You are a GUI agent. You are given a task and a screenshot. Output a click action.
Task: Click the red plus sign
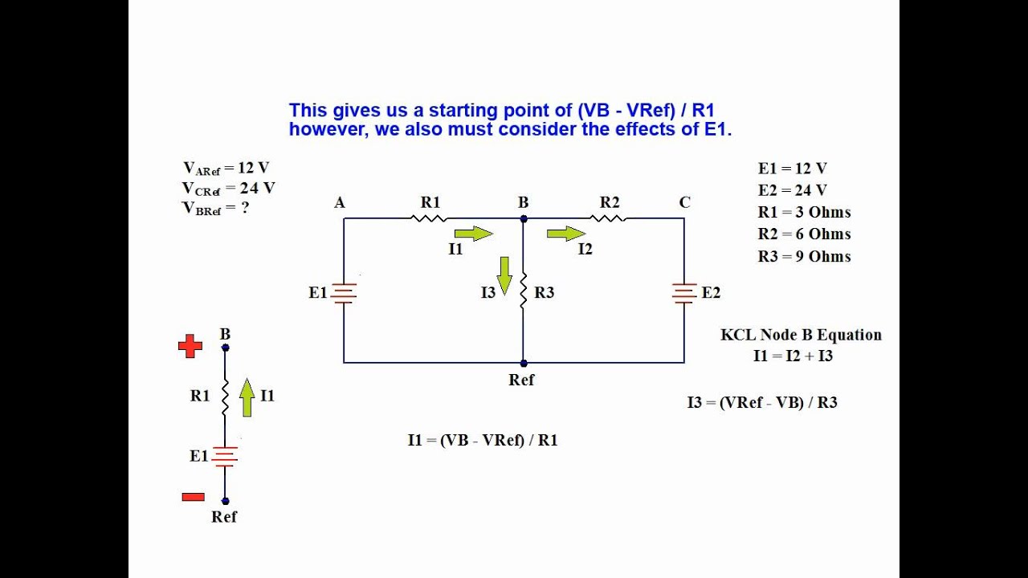(190, 346)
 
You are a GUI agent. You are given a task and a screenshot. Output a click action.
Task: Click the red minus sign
(193, 497)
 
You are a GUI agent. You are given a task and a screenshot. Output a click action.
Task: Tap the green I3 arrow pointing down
(504, 275)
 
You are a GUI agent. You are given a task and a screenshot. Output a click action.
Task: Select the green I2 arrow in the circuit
(566, 234)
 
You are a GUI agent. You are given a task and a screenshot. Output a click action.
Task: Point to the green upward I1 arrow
(247, 397)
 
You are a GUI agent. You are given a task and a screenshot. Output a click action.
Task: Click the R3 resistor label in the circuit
(544, 293)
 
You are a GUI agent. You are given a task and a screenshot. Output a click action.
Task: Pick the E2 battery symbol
(684, 293)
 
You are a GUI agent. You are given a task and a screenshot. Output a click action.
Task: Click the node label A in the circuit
(340, 203)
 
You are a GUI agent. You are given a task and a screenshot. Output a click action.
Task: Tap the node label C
(684, 203)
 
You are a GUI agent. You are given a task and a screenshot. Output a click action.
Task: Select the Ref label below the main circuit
(521, 380)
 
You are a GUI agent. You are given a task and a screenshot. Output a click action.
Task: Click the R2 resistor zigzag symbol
(608, 218)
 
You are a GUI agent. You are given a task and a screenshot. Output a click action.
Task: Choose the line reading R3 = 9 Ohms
(804, 257)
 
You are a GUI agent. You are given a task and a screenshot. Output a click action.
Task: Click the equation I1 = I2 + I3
(793, 356)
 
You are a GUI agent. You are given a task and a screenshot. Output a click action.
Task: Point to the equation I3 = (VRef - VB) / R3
(761, 402)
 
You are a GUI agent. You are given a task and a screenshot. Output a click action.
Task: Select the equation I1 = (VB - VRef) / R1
(483, 440)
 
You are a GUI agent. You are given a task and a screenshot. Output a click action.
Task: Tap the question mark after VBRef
(245, 207)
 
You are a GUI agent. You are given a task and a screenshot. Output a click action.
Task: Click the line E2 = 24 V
(792, 190)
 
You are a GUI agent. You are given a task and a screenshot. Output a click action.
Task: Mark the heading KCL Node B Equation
(801, 335)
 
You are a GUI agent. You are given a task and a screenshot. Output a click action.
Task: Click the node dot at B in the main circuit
(523, 218)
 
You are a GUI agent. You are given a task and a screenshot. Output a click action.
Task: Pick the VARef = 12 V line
(226, 169)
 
